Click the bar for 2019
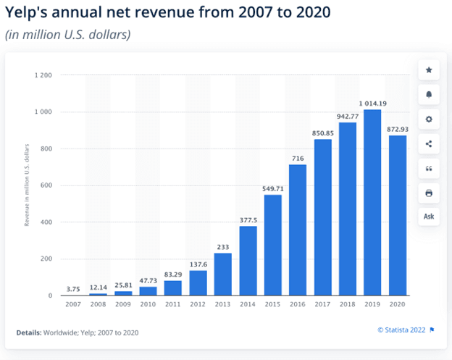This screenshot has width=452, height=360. [x=372, y=203]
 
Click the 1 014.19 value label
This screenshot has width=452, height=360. [x=372, y=103]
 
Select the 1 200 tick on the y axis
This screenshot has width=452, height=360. [x=42, y=75]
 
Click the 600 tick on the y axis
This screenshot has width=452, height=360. [x=45, y=185]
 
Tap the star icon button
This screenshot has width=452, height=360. [x=428, y=70]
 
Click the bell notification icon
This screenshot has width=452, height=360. [x=428, y=95]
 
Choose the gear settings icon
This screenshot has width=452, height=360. [x=428, y=120]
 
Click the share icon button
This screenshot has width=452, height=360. [x=428, y=144]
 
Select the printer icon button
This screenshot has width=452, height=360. [x=428, y=193]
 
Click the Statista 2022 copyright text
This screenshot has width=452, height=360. [x=401, y=330]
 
